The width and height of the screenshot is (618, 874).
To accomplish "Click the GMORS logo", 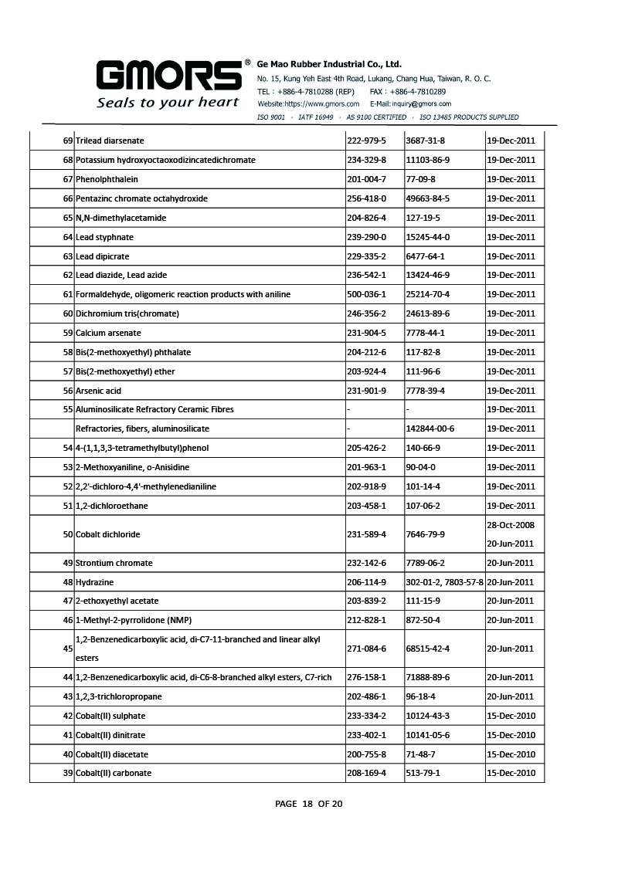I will coord(168,76).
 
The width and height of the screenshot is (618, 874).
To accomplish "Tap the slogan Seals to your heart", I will coord(168,103).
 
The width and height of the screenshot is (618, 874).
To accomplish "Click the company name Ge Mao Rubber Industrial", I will coord(329,64).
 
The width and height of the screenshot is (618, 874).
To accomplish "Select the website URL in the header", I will coord(308,103).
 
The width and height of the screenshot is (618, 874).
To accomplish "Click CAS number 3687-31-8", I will coord(425,141).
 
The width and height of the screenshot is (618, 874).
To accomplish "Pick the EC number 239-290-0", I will coord(365,237).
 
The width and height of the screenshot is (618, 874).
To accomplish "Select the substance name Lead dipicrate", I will coord(103,256).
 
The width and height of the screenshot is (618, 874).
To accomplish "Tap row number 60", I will coord(68,313).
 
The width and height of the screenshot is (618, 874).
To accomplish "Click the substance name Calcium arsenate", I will coord(108,333).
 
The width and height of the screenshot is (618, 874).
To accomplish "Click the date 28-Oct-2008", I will coord(511,525).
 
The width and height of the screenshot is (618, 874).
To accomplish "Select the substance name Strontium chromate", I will coord(114,563).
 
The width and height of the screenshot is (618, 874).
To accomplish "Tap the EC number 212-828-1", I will coord(365,620).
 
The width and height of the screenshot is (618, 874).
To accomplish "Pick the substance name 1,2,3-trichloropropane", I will coord(118,696).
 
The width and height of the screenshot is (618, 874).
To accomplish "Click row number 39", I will coord(68,773).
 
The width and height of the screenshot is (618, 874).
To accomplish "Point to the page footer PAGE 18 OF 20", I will coord(309,804).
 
